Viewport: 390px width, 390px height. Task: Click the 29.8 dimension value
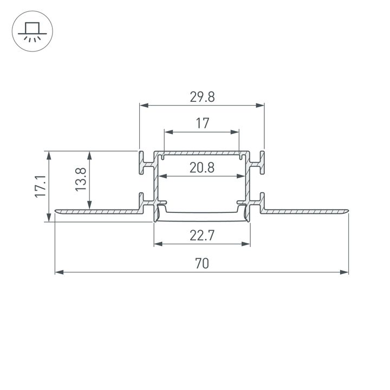202,97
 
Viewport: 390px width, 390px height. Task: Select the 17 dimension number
202,123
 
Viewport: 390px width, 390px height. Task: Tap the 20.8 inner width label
202,168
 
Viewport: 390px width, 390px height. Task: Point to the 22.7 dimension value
202,236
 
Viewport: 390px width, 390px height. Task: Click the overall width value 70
202,264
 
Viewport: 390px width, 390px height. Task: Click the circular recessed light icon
31,31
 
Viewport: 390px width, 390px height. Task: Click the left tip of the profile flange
56,210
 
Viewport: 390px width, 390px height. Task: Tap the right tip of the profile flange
347,210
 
